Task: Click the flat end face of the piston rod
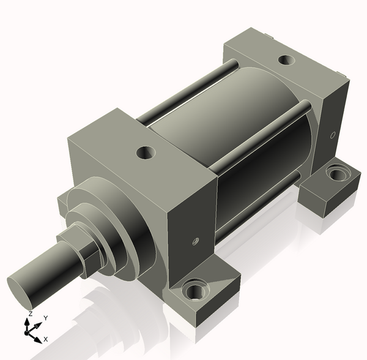pyautogui.click(x=20, y=293)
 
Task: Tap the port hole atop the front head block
pyautogui.click(x=146, y=152)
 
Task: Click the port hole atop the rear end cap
pyautogui.click(x=286, y=60)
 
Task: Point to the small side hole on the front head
pyautogui.click(x=196, y=241)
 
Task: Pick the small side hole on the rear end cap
pyautogui.click(x=333, y=135)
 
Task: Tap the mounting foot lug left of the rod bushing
pyautogui.click(x=63, y=204)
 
